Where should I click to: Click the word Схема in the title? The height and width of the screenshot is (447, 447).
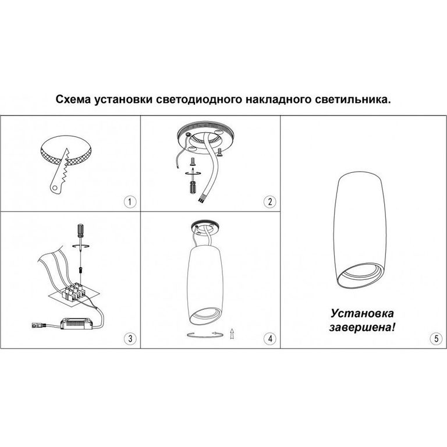(73, 100)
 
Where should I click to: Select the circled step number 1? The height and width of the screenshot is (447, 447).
(130, 202)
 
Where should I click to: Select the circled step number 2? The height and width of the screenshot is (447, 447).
(269, 202)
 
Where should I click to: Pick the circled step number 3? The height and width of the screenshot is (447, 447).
(130, 338)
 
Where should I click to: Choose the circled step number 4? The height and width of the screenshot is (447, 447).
(269, 338)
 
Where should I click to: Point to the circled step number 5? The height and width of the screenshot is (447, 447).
(436, 338)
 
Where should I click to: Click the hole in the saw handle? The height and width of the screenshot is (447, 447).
(54, 187)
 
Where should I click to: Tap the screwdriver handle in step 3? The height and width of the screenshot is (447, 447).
(80, 230)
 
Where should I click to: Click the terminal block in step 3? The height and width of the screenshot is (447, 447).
(74, 292)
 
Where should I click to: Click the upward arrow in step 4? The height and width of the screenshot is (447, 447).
(232, 334)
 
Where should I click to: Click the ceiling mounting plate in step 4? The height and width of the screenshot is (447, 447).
(205, 226)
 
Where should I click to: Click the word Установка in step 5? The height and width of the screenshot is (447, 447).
(362, 314)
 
